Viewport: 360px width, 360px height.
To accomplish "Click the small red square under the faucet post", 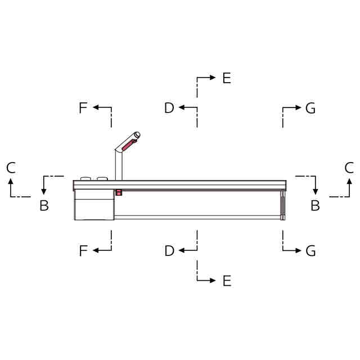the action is coord(119,192).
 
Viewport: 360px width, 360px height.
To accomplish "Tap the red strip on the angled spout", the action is coord(129,145).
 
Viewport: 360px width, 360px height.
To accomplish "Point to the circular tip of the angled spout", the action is coord(137,135).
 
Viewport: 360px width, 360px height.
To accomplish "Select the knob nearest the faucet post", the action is coord(102,179).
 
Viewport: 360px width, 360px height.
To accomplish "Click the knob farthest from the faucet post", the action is coord(85,179).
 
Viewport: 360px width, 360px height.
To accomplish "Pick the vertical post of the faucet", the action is coord(119,165).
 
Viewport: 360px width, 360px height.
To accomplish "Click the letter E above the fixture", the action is coord(227,78).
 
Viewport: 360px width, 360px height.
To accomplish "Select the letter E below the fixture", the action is coord(227,281).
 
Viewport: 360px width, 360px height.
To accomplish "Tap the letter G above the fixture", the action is coord(310,108).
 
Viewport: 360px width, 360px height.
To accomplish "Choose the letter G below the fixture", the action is coord(310,250).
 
